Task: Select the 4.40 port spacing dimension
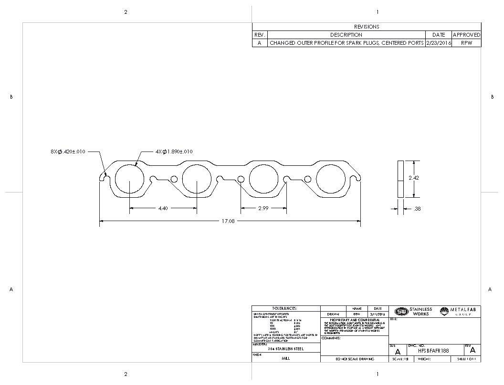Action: click(x=163, y=208)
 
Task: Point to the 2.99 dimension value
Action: click(x=263, y=208)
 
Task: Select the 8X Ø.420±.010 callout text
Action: click(x=68, y=152)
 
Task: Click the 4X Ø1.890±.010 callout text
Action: click(x=174, y=152)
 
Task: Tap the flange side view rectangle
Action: click(x=400, y=179)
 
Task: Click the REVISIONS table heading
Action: click(x=366, y=27)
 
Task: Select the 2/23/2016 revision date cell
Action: click(x=438, y=43)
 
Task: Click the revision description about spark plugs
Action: click(x=346, y=43)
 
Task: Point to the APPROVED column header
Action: click(x=466, y=35)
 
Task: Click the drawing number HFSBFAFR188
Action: click(x=433, y=350)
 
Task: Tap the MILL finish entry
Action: click(x=285, y=358)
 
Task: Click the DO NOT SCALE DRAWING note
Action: click(x=354, y=359)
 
